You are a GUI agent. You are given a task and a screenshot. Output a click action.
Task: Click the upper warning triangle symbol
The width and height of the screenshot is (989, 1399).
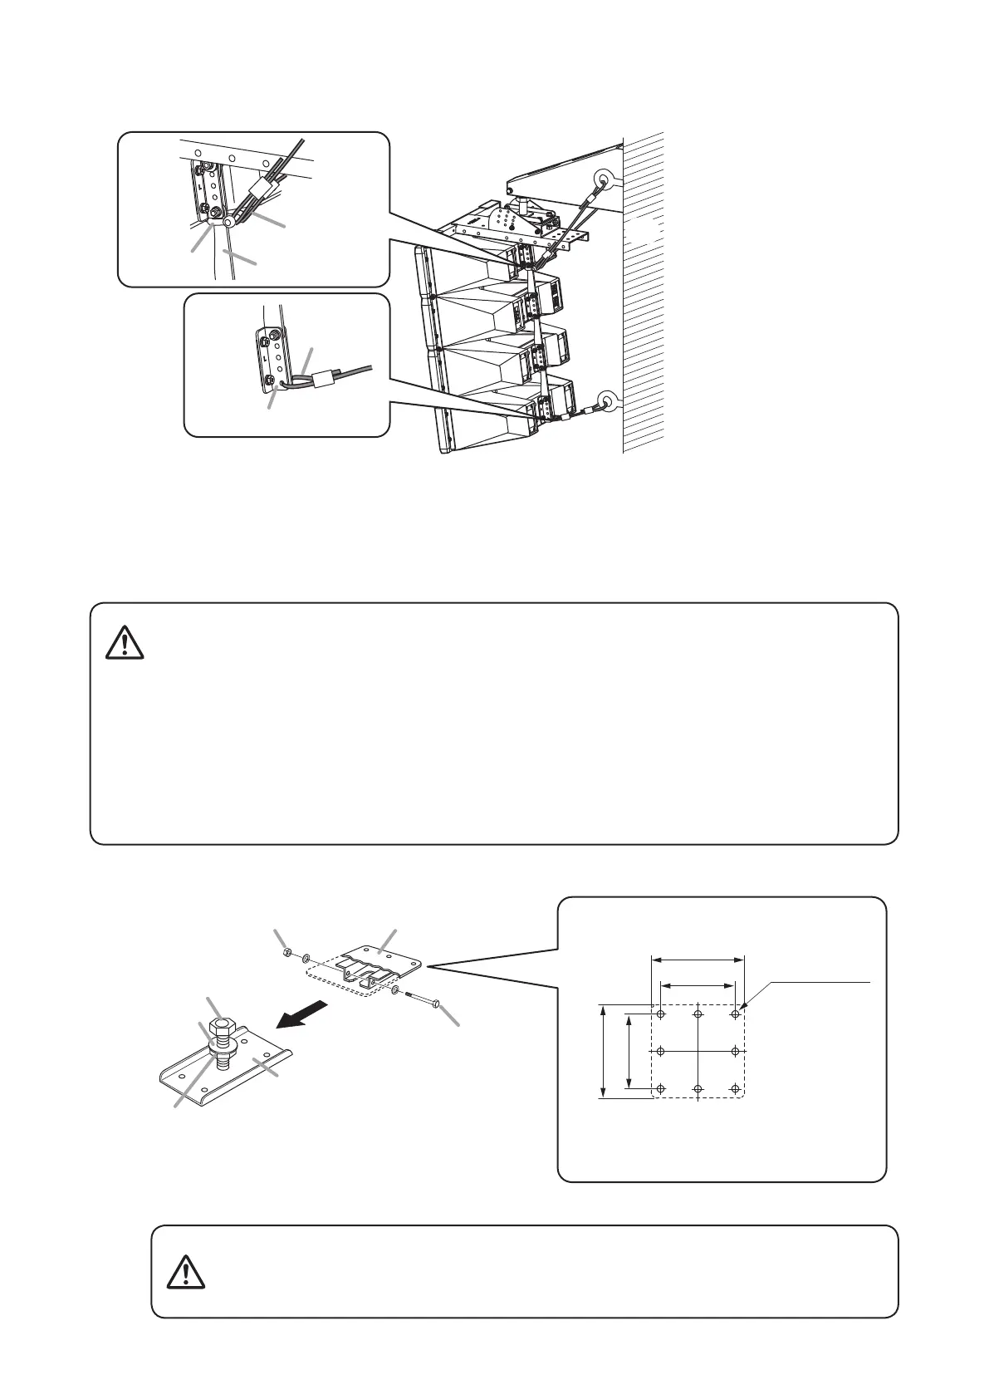pos(125,642)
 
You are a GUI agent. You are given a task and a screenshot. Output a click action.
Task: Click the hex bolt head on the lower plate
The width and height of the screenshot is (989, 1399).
pos(220,1028)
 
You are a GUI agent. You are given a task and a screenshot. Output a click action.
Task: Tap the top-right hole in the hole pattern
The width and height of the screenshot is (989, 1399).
pos(735,1014)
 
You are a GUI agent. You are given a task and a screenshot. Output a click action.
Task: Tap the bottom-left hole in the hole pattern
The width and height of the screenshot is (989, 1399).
pos(661,1088)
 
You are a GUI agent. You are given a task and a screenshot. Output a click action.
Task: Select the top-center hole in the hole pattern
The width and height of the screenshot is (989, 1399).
pos(698,1014)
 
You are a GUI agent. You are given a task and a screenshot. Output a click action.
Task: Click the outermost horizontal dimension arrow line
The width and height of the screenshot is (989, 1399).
pos(698,960)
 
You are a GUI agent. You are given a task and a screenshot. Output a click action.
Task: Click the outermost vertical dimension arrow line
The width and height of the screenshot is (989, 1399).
pos(601,1052)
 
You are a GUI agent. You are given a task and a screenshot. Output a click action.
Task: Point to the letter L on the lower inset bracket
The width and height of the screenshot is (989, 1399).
pos(266,358)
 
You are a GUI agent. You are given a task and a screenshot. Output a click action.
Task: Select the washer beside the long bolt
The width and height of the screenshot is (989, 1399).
pos(396,990)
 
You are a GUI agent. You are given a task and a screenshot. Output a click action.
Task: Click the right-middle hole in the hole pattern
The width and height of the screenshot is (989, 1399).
pos(735,1051)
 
